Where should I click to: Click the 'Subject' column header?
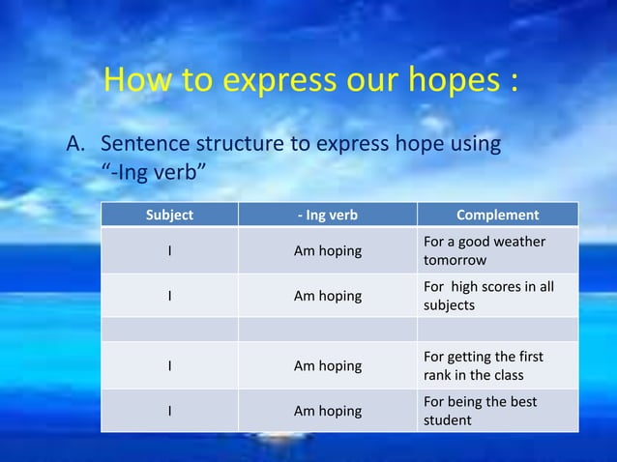pyautogui.click(x=169, y=215)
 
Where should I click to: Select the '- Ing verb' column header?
pyautogui.click(x=327, y=215)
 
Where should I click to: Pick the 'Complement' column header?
pyautogui.click(x=497, y=215)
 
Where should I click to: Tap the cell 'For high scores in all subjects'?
pyautogui.click(x=488, y=296)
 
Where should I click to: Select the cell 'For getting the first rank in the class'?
pyautogui.click(x=483, y=366)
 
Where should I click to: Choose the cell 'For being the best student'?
pyautogui.click(x=480, y=411)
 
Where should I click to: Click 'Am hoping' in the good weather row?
pyautogui.click(x=327, y=251)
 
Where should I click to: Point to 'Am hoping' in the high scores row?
pyautogui.click(x=327, y=296)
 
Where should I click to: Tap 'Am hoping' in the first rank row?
pyautogui.click(x=327, y=366)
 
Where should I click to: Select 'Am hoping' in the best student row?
pyautogui.click(x=327, y=411)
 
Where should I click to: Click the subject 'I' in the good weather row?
pyautogui.click(x=170, y=251)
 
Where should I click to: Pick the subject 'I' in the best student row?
pyautogui.click(x=170, y=411)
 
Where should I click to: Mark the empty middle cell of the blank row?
pyautogui.click(x=327, y=331)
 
